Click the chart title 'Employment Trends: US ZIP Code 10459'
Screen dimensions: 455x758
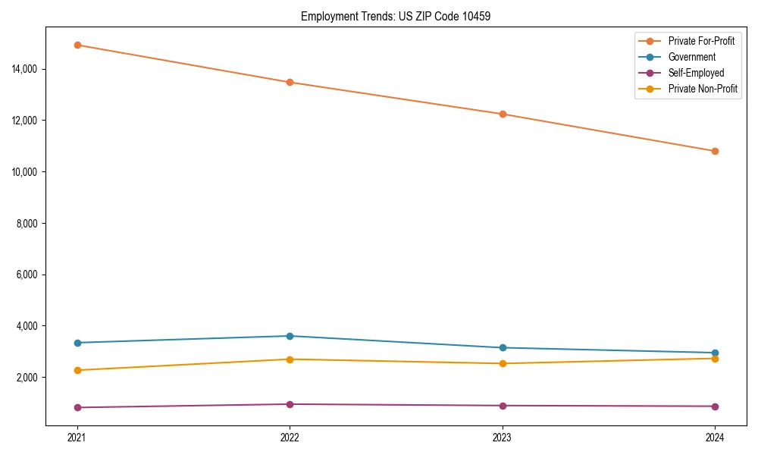(396, 16)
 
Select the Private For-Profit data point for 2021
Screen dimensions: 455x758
(77, 45)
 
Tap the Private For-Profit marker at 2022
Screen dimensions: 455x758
(290, 82)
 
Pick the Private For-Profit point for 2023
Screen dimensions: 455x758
(502, 114)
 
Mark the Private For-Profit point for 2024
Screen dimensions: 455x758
(715, 151)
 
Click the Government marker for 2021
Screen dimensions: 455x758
(77, 343)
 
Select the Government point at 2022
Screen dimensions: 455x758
(290, 336)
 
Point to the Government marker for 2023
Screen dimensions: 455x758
(502, 347)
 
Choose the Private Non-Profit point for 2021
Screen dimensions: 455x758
(77, 370)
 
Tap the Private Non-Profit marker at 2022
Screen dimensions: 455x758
(290, 359)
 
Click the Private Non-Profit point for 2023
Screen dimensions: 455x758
(502, 363)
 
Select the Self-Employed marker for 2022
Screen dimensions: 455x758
(290, 404)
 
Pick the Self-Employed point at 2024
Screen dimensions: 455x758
(715, 406)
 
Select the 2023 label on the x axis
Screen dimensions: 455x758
(502, 437)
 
